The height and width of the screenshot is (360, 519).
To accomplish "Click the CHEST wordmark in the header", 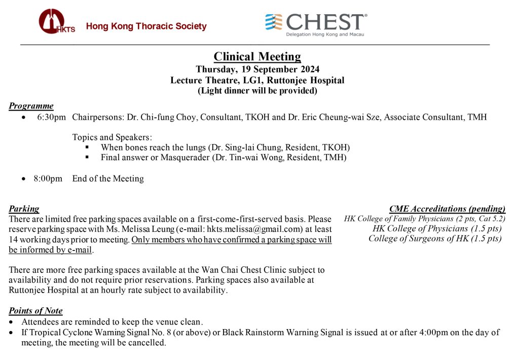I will pos(324,22).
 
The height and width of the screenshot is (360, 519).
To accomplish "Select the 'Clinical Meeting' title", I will pos(257,56).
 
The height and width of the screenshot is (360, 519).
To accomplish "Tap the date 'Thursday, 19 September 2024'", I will pos(257,69).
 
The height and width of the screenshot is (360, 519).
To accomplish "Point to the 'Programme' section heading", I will pos(31,106).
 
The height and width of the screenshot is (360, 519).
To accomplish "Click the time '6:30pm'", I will pos(51,118).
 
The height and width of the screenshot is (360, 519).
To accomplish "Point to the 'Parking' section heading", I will pos(24,208).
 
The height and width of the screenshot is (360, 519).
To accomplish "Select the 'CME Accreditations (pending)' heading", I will pos(448,209).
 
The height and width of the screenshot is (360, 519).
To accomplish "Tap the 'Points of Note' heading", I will pos(35,311).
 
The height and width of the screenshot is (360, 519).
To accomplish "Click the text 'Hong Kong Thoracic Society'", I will pos(146,26).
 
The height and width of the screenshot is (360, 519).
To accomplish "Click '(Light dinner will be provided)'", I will pos(257,91).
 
